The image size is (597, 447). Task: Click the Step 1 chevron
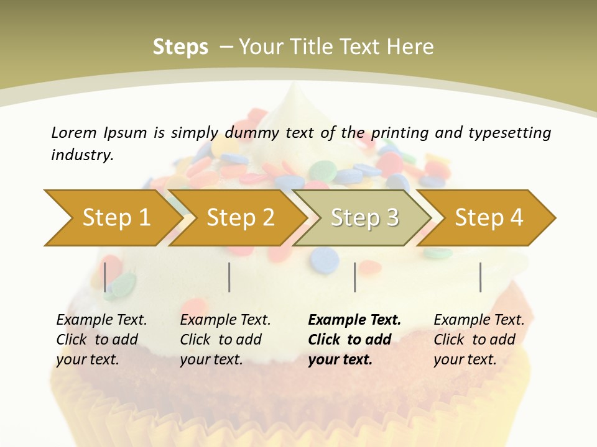112,218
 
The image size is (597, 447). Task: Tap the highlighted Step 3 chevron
364,218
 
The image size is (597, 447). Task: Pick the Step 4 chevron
488,218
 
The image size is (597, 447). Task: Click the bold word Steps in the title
180,47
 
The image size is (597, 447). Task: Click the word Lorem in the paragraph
73,132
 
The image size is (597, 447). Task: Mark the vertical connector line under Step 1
105,277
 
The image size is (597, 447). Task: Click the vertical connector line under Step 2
229,277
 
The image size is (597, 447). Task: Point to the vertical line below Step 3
354,277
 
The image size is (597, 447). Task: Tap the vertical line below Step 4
480,277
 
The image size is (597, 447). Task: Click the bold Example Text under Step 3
354,320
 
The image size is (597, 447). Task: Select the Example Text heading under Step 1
101,320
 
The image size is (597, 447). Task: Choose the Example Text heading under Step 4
479,320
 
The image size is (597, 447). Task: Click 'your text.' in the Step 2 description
211,359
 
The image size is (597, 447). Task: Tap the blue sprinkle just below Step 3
325,260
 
